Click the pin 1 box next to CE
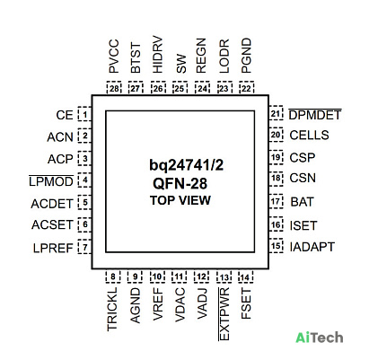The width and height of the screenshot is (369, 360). tap(84, 114)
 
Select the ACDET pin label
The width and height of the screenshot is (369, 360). tap(52, 204)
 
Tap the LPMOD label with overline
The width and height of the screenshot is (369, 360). tap(51, 181)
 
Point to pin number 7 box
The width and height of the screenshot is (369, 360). tap(84, 247)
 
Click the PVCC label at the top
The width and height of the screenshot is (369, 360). tap(114, 56)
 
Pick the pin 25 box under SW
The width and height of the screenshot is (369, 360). tap(180, 88)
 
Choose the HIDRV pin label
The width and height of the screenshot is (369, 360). tap(157, 55)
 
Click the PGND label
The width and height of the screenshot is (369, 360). tap(246, 56)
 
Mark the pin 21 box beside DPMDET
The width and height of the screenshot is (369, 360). tap(276, 113)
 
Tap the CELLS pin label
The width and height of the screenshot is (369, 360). tap(309, 136)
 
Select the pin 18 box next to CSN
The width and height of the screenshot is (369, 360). tap(276, 179)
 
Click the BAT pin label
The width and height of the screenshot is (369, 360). tap(302, 202)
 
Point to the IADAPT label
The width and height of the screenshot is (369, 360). tap(312, 247)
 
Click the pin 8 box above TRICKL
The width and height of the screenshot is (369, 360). tap(113, 277)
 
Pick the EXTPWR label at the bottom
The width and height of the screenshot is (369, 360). tap(224, 313)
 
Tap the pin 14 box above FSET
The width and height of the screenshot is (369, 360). tap(246, 277)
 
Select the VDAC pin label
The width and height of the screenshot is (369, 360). tap(180, 304)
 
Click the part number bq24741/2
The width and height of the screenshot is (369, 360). tap(187, 165)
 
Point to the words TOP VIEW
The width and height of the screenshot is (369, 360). tap(180, 200)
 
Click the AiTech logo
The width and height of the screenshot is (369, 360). tap(320, 338)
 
